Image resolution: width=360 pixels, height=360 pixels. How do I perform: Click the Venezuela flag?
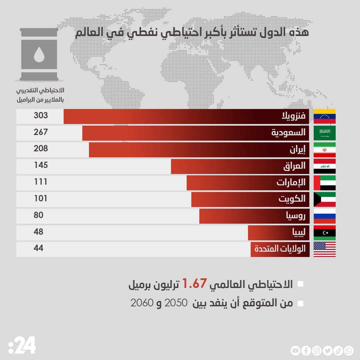(325, 116)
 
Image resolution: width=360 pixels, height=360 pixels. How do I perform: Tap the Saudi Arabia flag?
(325, 133)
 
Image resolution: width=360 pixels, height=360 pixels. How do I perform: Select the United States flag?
(325, 249)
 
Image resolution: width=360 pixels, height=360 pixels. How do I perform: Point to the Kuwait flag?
(325, 199)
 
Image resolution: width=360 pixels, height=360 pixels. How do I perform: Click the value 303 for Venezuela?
(41, 116)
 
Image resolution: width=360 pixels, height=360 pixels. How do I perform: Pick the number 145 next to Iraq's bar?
(41, 165)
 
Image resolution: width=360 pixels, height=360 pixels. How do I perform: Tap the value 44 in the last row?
(38, 248)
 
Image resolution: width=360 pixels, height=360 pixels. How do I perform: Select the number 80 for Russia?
(38, 215)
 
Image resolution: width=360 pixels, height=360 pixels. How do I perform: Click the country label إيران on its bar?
(297, 150)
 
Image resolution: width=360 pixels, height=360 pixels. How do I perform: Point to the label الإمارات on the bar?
(291, 182)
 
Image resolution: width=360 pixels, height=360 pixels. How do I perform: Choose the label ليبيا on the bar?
(299, 232)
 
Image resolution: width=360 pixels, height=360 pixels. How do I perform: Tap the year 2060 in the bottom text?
(142, 303)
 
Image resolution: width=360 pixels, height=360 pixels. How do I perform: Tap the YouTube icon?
(295, 350)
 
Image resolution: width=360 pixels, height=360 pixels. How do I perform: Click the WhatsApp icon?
(349, 350)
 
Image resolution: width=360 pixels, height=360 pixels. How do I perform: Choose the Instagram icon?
(317, 350)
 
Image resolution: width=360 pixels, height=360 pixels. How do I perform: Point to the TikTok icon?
(338, 350)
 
